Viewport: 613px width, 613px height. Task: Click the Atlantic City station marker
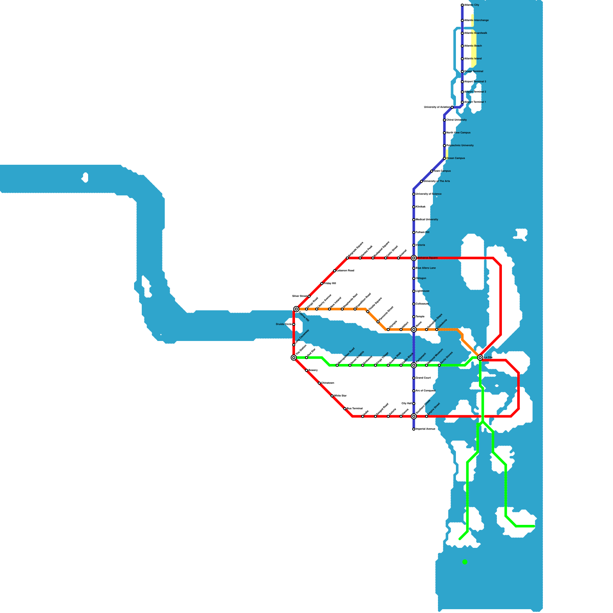tap(462, 5)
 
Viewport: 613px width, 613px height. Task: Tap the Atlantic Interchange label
tap(476, 20)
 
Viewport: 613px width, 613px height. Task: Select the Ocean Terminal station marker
tap(462, 72)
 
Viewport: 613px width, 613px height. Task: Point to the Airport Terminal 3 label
tap(475, 82)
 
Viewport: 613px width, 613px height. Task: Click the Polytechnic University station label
tap(460, 146)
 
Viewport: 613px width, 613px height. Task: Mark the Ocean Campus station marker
tap(444, 158)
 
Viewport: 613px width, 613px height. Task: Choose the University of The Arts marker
tap(421, 181)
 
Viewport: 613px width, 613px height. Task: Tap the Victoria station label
tap(420, 245)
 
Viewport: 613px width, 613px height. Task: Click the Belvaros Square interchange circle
tap(414, 258)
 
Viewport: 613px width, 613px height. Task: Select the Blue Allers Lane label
tap(426, 268)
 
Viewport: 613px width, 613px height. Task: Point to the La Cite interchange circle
tap(480, 357)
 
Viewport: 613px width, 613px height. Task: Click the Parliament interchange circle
tap(414, 365)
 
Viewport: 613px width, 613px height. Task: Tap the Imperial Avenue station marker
tap(414, 429)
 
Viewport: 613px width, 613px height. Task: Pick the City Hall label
tap(406, 403)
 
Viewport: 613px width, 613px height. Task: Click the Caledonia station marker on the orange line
tap(437, 329)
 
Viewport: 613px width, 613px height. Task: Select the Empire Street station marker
tap(426, 416)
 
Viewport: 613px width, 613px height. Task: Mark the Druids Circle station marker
tap(294, 325)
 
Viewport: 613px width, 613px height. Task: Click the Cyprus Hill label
tap(304, 317)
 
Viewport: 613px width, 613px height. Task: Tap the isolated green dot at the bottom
tap(465, 562)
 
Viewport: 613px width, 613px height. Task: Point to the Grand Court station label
tap(423, 378)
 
